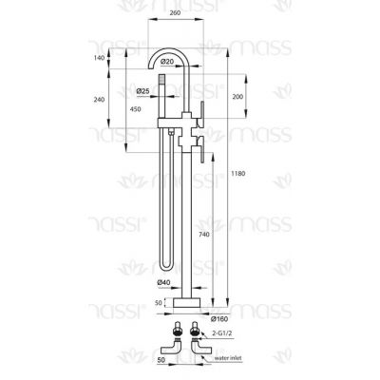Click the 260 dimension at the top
pyautogui.click(x=175, y=13)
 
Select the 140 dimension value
pyautogui.click(x=99, y=58)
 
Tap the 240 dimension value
pyautogui.click(x=99, y=100)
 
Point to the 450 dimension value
pyautogui.click(x=135, y=109)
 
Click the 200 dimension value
pyautogui.click(x=237, y=96)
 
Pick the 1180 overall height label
pyautogui.click(x=238, y=174)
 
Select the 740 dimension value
pyautogui.click(x=204, y=235)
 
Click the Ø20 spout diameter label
pyautogui.click(x=167, y=62)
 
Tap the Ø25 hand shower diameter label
pyautogui.click(x=142, y=91)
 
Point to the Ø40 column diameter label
pyautogui.click(x=163, y=282)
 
